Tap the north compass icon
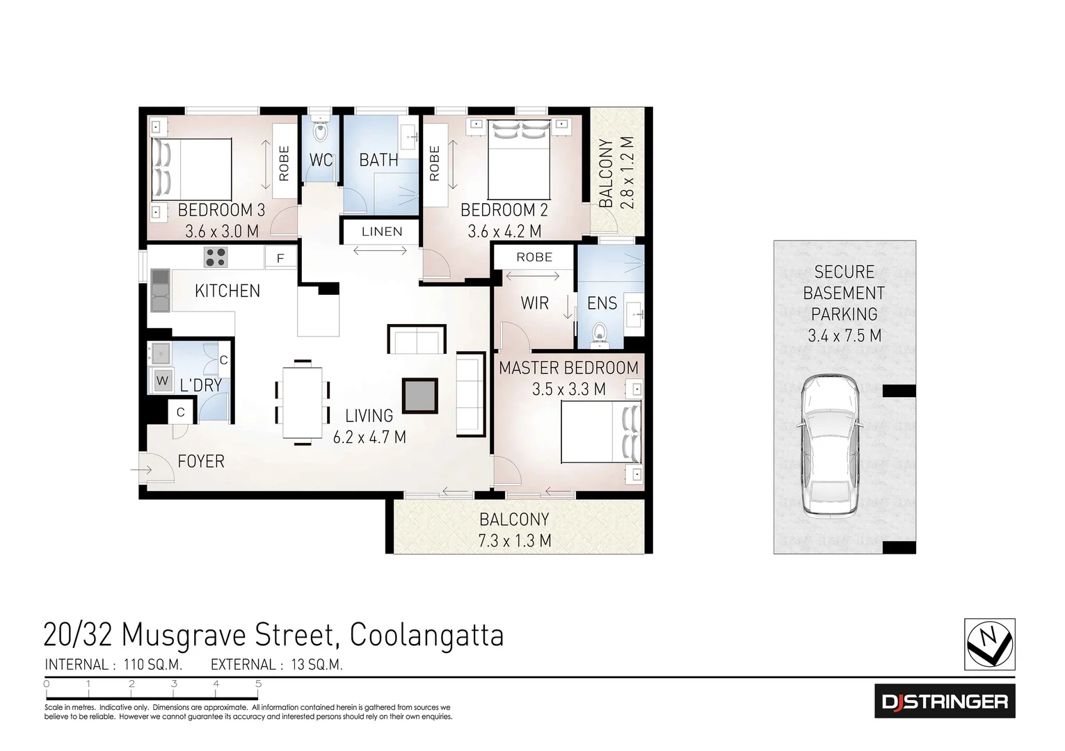988,644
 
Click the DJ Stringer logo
944,701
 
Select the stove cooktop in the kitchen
215,257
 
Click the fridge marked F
280,259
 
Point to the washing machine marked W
163,381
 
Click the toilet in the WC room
320,131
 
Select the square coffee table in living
420,396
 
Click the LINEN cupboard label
381,232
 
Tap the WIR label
534,303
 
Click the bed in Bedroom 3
191,169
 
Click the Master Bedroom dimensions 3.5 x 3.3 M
568,389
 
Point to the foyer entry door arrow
142,470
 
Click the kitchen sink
160,291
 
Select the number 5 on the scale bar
258,684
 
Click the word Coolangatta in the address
426,635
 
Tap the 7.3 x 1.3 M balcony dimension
514,541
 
